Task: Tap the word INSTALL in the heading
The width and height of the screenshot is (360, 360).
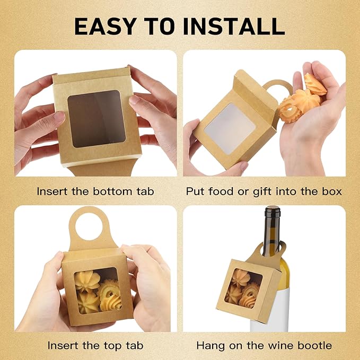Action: point(236,25)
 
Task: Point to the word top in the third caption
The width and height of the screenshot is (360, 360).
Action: point(117,345)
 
